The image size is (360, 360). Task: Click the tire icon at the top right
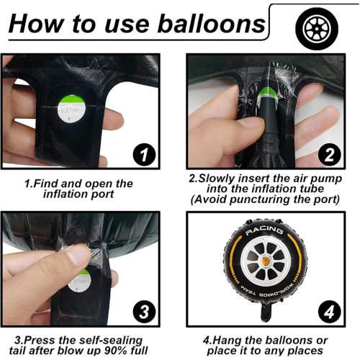coord(315,27)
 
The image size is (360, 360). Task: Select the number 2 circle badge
coord(328,153)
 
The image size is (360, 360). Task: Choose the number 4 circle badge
coord(328,311)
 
